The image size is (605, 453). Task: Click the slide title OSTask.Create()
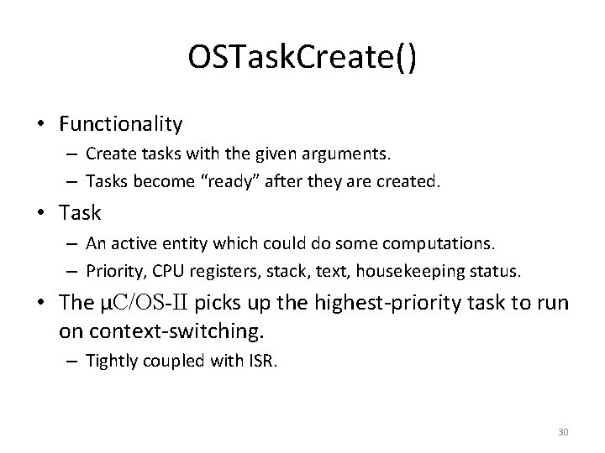(302, 61)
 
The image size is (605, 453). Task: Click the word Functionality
(121, 124)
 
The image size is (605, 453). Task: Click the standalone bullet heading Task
(80, 212)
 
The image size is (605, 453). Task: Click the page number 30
(563, 431)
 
